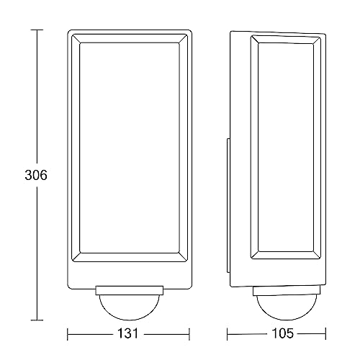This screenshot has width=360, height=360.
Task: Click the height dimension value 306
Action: point(35,176)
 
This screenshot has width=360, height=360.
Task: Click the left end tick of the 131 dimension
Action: point(68,334)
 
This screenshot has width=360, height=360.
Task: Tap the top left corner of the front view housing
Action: point(70,32)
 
